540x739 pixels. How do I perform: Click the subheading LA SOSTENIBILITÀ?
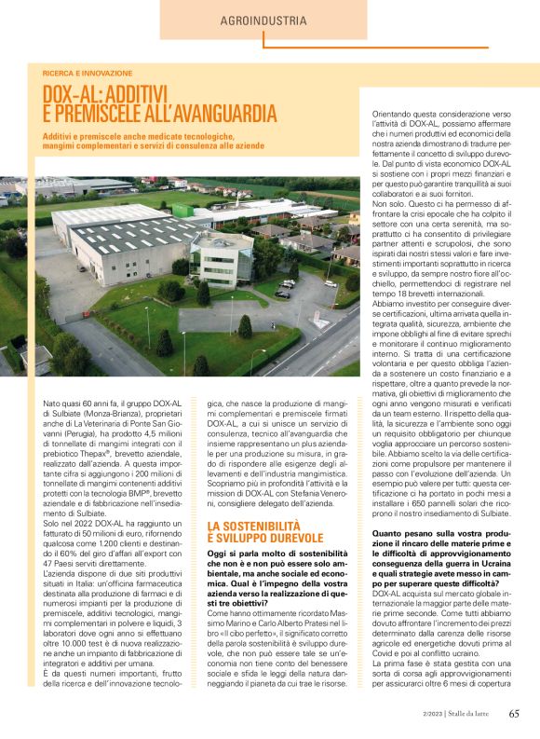point(252,527)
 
